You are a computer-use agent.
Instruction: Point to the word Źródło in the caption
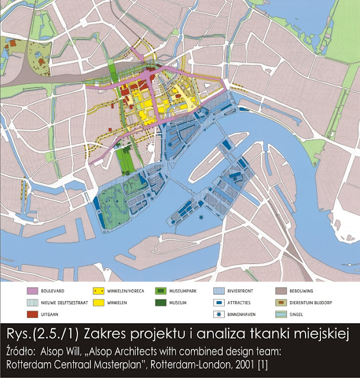(x=24, y=349)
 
